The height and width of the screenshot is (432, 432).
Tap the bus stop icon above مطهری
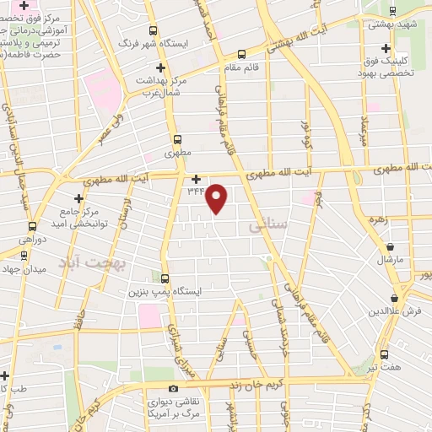[x=176, y=141]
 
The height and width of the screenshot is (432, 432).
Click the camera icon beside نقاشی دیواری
[x=173, y=389]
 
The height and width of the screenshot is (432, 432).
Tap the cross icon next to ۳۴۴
[x=197, y=179]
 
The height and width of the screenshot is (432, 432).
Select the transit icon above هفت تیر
[x=384, y=354]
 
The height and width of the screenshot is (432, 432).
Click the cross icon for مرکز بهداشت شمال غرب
[x=161, y=67]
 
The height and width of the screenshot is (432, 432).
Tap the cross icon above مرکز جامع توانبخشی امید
[x=79, y=197]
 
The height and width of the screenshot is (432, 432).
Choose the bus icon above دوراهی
[x=33, y=226]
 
